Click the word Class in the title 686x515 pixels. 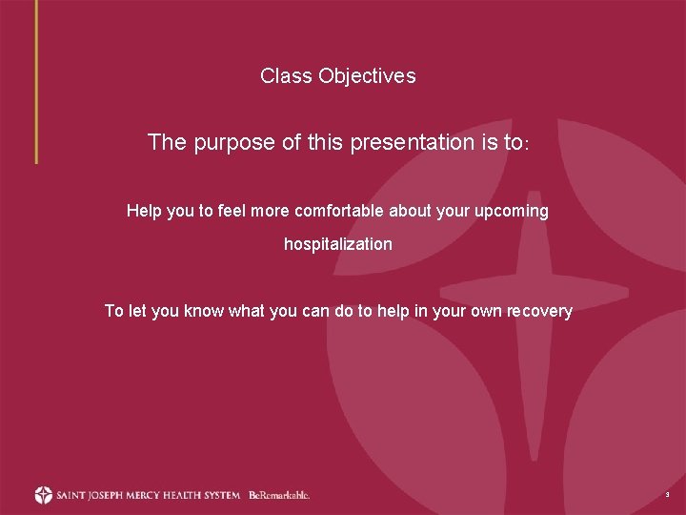tap(285, 76)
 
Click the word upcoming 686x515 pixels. tap(512, 212)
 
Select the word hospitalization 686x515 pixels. tap(338, 244)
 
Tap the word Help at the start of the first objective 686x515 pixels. tap(144, 211)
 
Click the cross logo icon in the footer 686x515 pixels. tap(43, 495)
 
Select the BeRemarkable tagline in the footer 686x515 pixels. tap(279, 495)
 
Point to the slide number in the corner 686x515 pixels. tap(667, 496)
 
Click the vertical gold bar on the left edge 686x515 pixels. tap(36, 81)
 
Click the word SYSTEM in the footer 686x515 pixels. tap(221, 495)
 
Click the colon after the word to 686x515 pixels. tap(526, 146)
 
